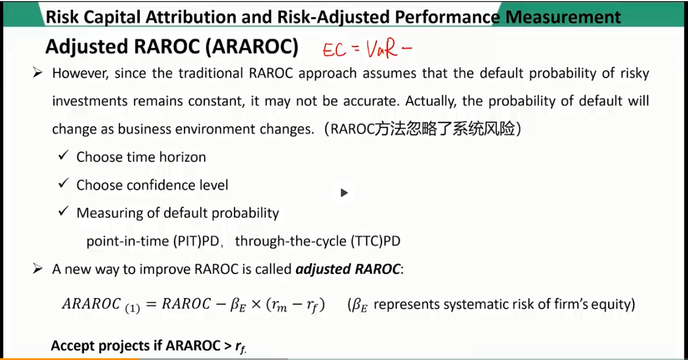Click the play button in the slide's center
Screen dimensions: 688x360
tap(344, 193)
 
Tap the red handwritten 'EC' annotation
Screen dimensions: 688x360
tap(334, 50)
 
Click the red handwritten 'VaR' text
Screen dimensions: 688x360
tap(381, 49)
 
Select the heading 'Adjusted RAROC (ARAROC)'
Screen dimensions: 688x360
tap(172, 46)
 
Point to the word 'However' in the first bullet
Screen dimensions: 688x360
tap(80, 73)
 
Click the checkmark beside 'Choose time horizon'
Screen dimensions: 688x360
tap(64, 155)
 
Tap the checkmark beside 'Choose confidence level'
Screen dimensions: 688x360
tap(64, 183)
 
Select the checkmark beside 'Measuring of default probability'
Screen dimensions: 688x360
tap(64, 211)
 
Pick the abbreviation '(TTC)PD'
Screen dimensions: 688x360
tap(376, 241)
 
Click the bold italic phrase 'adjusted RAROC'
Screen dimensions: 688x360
tap(348, 269)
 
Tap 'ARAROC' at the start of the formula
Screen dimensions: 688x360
tap(91, 303)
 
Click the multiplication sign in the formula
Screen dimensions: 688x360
tap(257, 304)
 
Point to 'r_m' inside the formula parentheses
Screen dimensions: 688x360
tap(280, 305)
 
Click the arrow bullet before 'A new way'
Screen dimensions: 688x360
tap(37, 268)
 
